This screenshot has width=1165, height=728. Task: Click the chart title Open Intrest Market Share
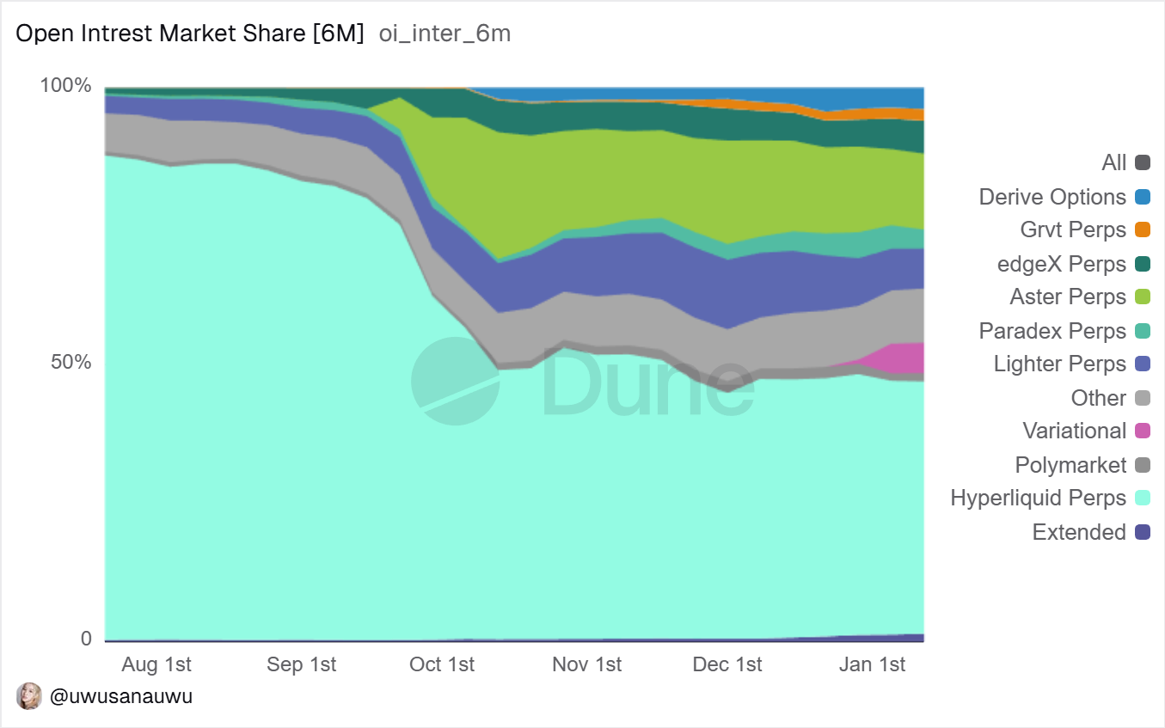[190, 34]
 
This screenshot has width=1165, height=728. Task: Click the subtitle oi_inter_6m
[445, 34]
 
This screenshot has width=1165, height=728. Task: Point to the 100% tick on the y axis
[66, 86]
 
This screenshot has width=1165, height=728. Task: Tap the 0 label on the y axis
[86, 639]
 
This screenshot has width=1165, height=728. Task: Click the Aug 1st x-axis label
[156, 664]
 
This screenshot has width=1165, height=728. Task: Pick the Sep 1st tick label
[301, 664]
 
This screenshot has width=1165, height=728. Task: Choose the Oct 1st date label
[442, 664]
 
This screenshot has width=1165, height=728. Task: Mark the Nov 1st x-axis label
[586, 664]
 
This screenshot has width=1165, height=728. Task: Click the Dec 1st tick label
[727, 664]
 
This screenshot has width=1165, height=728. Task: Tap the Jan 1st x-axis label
[872, 664]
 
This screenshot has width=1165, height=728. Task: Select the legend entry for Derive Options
[1052, 197]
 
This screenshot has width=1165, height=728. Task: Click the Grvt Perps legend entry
[1073, 230]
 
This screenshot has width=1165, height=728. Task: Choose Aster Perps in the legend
[1068, 297]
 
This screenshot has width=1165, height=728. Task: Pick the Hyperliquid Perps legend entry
[1038, 499]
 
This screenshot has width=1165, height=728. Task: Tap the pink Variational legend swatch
[1143, 431]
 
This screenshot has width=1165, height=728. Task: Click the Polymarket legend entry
[1070, 465]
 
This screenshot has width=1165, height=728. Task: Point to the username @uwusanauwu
[121, 696]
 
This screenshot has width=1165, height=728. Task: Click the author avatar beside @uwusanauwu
[29, 696]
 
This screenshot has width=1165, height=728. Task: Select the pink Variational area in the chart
[903, 359]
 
